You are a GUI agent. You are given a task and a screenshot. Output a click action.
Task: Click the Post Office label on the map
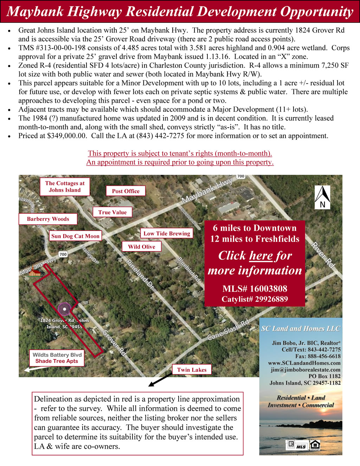pyautogui.click(x=126, y=191)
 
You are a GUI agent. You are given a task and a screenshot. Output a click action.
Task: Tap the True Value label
pyautogui.click(x=112, y=212)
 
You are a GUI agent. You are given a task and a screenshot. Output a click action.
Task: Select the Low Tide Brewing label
pyautogui.click(x=167, y=233)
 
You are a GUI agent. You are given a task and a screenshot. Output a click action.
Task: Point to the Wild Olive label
pyautogui.click(x=141, y=247)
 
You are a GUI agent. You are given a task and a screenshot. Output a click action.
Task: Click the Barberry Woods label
pyautogui.click(x=48, y=219)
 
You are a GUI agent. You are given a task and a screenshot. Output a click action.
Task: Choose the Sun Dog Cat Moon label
pyautogui.click(x=75, y=236)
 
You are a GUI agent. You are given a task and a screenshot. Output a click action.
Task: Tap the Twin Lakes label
pyautogui.click(x=192, y=370)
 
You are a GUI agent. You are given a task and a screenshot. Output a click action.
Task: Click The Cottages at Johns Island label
pyautogui.click(x=65, y=186)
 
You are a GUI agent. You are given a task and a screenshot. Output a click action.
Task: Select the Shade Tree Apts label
pyautogui.click(x=57, y=361)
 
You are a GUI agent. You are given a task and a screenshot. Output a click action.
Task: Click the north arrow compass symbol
pyautogui.click(x=322, y=197)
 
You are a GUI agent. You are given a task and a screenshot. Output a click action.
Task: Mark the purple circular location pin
pyautogui.click(x=64, y=309)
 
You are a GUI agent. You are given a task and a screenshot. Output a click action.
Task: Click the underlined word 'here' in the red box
pyautogui.click(x=261, y=256)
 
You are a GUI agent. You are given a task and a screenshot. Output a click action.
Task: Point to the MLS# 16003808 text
pyautogui.click(x=255, y=289)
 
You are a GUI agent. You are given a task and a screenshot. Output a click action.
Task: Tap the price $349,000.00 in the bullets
pyautogui.click(x=67, y=136)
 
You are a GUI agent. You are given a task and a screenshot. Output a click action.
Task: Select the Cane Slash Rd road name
pyautogui.click(x=228, y=330)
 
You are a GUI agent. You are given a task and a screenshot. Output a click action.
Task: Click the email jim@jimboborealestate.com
pyautogui.click(x=306, y=370)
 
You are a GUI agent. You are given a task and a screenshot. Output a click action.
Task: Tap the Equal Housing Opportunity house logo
pyautogui.click(x=315, y=445)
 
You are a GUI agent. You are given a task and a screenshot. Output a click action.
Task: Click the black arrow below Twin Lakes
pyautogui.click(x=159, y=380)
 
